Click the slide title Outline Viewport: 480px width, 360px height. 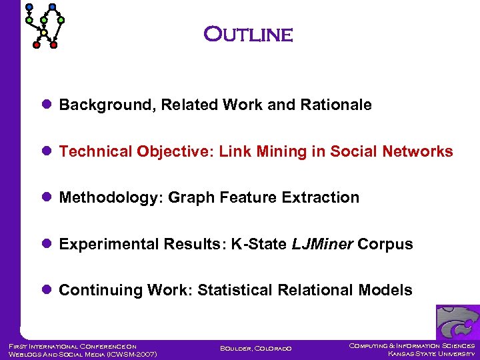click(248, 34)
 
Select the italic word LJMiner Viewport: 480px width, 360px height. click(322, 245)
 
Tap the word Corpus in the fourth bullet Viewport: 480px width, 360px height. click(385, 245)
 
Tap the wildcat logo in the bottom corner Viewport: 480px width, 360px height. click(457, 323)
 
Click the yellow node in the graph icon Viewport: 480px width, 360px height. click(44, 33)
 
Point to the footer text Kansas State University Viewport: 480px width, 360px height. click(431, 354)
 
